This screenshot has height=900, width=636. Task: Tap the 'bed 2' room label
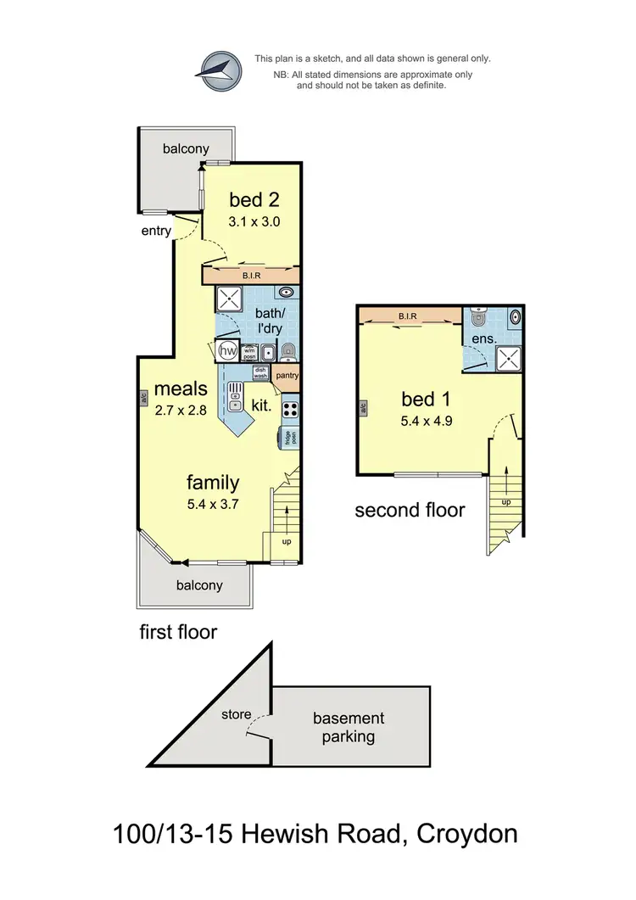pos(254,200)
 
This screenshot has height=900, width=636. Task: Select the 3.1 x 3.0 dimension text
pos(254,221)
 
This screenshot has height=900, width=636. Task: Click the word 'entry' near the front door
pos(157,230)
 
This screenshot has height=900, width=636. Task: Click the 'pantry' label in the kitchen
pos(288,376)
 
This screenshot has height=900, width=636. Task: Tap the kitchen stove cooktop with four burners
pos(289,409)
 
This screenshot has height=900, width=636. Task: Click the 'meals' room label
pos(181,389)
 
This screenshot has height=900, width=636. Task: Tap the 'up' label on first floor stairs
pos(285,540)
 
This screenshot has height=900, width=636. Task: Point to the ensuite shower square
pos(507,356)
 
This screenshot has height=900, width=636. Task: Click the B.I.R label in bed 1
pos(407,317)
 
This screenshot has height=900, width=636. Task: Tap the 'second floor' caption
pos(410,510)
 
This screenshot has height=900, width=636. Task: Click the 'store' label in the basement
pos(236,714)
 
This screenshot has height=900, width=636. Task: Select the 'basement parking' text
pos(349,727)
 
